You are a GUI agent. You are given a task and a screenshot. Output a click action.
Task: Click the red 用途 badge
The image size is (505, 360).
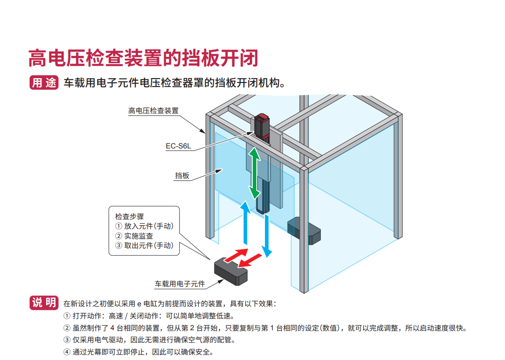pos(44,83)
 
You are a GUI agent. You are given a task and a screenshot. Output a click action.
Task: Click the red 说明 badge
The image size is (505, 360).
pos(44,303)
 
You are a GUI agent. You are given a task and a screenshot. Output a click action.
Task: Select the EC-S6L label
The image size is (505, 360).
pos(178,146)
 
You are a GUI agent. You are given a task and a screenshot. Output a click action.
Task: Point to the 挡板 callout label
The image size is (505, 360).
pos(182,176)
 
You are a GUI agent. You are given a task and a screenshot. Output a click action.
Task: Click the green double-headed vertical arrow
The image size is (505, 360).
pos(255,173)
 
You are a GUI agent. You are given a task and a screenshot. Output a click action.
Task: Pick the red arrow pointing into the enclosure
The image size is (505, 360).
pos(236,255)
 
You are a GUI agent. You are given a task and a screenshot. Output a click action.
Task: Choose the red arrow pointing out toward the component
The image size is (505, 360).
pos(250,260)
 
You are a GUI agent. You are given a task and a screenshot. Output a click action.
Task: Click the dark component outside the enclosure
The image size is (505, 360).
pos(231,271)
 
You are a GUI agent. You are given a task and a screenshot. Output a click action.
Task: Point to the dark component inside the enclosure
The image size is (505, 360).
pos(304,231)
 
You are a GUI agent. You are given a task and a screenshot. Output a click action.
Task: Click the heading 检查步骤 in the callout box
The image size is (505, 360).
pos(130,217)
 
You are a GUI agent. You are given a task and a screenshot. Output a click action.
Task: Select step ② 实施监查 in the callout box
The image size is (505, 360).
pos(134,236)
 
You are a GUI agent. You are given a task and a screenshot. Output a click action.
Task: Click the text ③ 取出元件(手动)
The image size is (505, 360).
pos(144,245)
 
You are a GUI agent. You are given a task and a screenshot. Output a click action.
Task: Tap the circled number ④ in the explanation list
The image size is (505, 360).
pos(67,352)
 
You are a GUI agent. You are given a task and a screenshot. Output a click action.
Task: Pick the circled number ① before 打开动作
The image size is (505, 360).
pos(67,316)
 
